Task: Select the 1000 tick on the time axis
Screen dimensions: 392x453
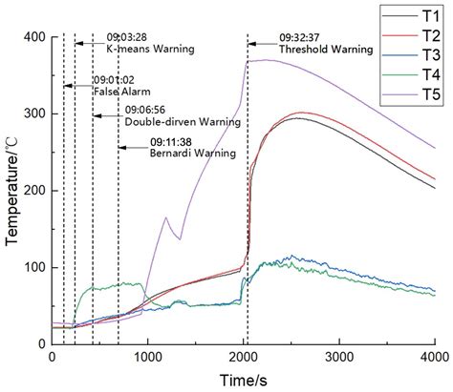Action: click(x=148, y=357)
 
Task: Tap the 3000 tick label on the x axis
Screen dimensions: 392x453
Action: click(x=338, y=357)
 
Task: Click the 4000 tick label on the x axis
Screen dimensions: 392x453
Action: click(x=433, y=357)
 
